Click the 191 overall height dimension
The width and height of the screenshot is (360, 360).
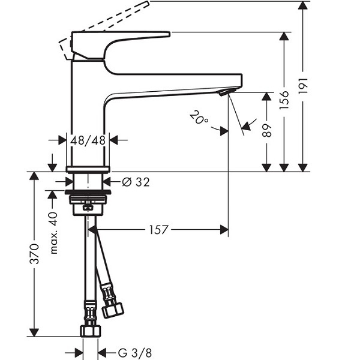pyautogui.click(x=303, y=85)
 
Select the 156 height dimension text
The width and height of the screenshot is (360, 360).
pyautogui.click(x=284, y=100)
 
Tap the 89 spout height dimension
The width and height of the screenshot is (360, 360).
pyautogui.click(x=266, y=130)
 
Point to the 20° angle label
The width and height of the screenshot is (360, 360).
pyautogui.click(x=199, y=118)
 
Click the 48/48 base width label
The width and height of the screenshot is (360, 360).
pyautogui.click(x=88, y=140)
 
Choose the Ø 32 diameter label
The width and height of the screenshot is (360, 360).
pyautogui.click(x=136, y=182)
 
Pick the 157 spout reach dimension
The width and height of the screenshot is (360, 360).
pyautogui.click(x=158, y=230)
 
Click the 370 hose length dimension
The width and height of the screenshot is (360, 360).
pyautogui.click(x=34, y=254)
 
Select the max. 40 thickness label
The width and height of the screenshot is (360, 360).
pyautogui.click(x=53, y=233)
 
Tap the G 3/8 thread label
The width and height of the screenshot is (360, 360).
pyautogui.click(x=135, y=353)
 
